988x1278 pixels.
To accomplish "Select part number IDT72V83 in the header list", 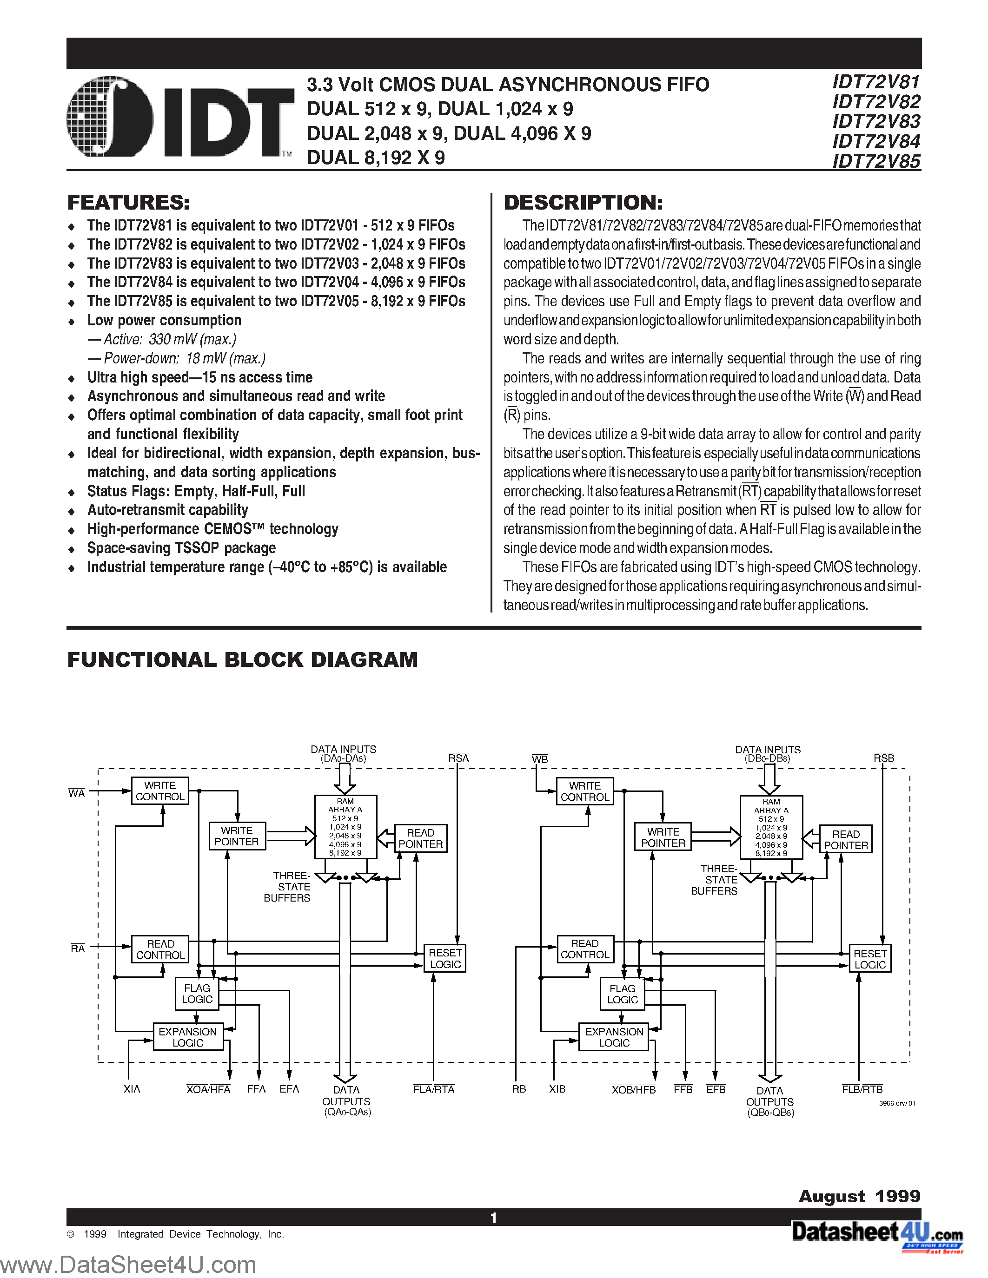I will pyautogui.click(x=876, y=122).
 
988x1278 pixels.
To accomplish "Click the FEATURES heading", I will pyautogui.click(x=128, y=203).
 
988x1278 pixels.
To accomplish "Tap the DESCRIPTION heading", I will pyautogui.click(x=583, y=203).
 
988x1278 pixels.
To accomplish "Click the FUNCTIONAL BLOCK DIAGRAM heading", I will pyautogui.click(x=242, y=659).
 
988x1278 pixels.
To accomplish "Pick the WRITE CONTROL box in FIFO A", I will pyautogui.click(x=160, y=791).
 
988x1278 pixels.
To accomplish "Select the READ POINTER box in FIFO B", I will pyautogui.click(x=846, y=840).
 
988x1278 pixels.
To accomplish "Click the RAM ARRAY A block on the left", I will pyautogui.click(x=345, y=826).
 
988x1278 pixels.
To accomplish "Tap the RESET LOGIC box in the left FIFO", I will pyautogui.click(x=445, y=958).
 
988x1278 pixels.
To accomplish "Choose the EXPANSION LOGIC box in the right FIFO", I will pyautogui.click(x=614, y=1037).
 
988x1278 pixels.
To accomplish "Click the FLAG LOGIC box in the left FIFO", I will pyautogui.click(x=197, y=994).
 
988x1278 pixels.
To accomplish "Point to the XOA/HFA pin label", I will pyautogui.click(x=208, y=1089).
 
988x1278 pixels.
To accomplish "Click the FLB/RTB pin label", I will pyautogui.click(x=862, y=1089).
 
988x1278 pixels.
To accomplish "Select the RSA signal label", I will pyautogui.click(x=458, y=758).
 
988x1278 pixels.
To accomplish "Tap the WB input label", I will pyautogui.click(x=540, y=759).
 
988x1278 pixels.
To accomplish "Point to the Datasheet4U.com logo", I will pyautogui.click(x=877, y=1233).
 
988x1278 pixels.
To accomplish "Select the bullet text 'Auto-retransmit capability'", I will pyautogui.click(x=167, y=510).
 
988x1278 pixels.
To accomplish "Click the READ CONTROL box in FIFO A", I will pyautogui.click(x=160, y=949).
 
